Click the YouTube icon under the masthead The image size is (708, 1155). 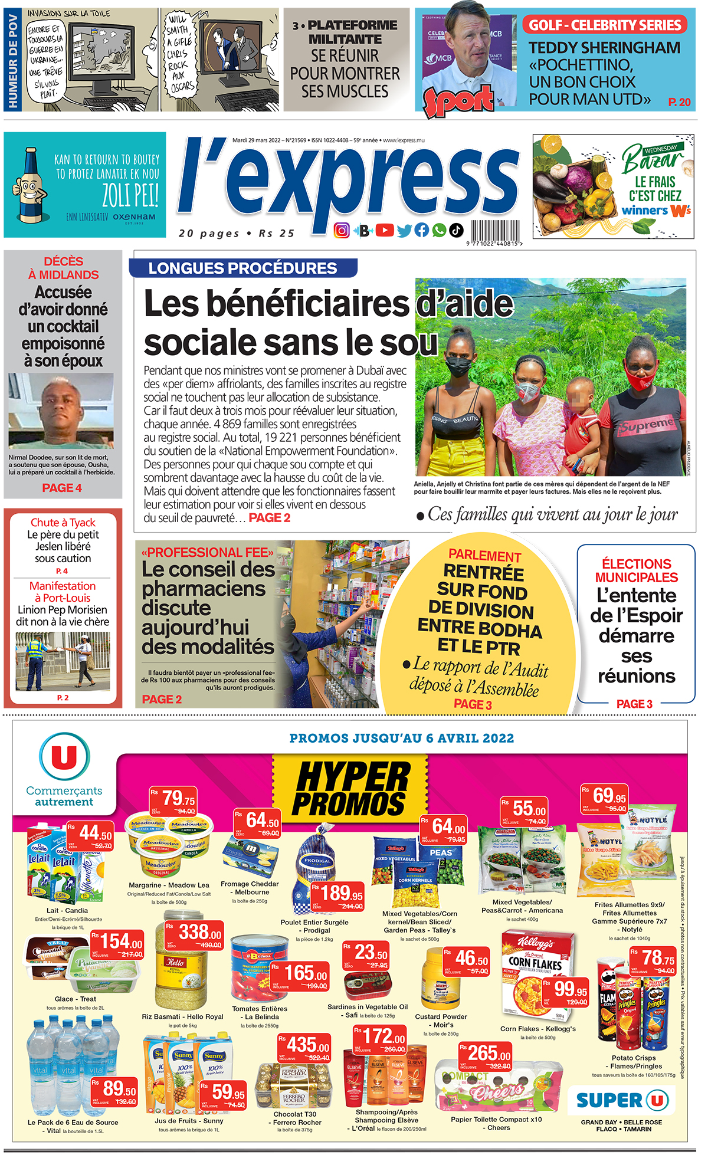384,230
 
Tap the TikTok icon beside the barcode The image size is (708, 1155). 457,230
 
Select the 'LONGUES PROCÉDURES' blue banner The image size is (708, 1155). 242,268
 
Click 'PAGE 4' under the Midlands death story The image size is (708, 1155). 62,488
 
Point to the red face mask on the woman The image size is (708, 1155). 641,378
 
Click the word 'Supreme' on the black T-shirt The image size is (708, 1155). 647,424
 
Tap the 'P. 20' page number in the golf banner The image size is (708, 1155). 679,102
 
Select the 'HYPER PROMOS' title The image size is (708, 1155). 350,789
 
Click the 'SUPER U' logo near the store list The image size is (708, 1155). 622,1101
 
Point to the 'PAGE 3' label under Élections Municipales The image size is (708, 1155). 634,704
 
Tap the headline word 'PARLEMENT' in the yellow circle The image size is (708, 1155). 484,556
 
